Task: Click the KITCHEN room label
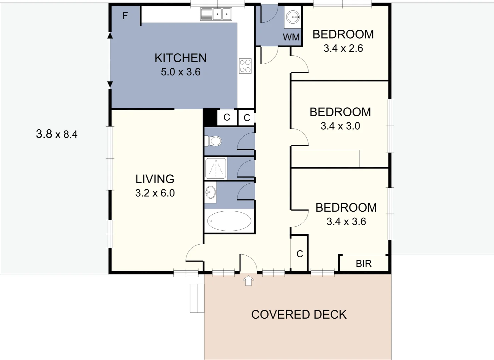(x=180, y=58)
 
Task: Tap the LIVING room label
(x=155, y=179)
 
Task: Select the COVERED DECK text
(x=299, y=315)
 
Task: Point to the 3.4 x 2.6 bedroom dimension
(x=343, y=48)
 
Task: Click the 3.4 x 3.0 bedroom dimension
(x=340, y=126)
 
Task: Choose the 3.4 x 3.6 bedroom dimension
(x=346, y=222)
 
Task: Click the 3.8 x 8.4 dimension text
(x=57, y=134)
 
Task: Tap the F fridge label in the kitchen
(x=125, y=16)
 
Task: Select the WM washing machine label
(x=291, y=37)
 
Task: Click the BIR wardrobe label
(x=364, y=264)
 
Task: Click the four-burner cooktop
(x=245, y=66)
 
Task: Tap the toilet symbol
(x=213, y=141)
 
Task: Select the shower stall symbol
(x=216, y=169)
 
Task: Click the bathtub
(x=229, y=221)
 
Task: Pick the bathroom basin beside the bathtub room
(x=210, y=192)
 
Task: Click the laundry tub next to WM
(x=293, y=16)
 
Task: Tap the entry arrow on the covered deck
(x=248, y=280)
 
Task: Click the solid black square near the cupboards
(x=210, y=117)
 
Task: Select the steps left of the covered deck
(x=197, y=298)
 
